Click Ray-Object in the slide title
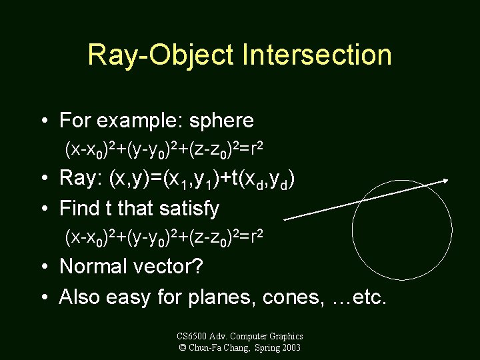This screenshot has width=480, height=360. pos(161,54)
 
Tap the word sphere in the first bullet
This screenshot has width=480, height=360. pos(221,121)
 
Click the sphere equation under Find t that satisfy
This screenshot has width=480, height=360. pos(164,237)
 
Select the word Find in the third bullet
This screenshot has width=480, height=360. pos(79,209)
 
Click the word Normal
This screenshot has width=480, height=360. pos(95,267)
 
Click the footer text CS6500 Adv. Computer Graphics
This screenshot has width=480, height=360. pos(240,336)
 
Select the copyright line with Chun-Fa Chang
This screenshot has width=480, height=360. pos(240,347)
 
